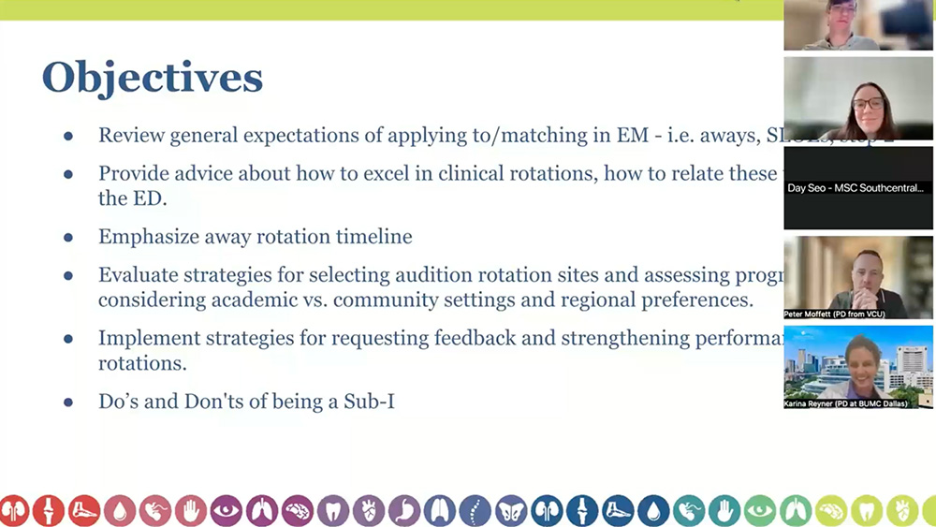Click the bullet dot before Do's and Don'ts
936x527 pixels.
68,403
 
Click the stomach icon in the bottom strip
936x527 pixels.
404,510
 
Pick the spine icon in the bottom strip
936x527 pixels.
475,510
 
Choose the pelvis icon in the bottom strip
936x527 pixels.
511,510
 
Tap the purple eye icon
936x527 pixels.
226,510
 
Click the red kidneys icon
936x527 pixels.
13,510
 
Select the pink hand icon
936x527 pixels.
191,510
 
